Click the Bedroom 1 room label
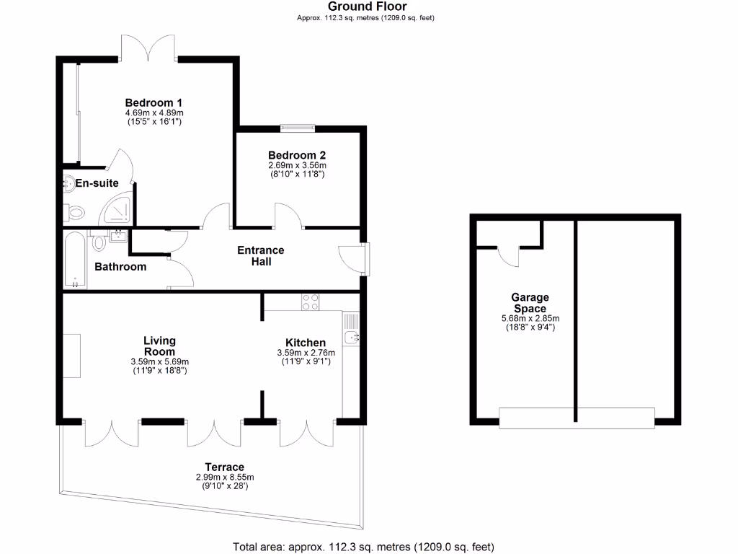tap(154, 102)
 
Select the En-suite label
tap(97, 183)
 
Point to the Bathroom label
tap(120, 267)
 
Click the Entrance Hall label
tap(261, 256)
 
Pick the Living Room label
tap(159, 346)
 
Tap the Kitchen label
tap(306, 343)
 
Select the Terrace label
tap(224, 467)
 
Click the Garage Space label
tap(530, 303)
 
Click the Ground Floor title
tap(368, 7)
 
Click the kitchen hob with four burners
tap(311, 302)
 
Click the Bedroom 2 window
tap(297, 128)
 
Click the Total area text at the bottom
tap(363, 546)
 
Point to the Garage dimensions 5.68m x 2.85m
tap(530, 319)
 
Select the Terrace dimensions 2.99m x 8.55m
tap(225, 478)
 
